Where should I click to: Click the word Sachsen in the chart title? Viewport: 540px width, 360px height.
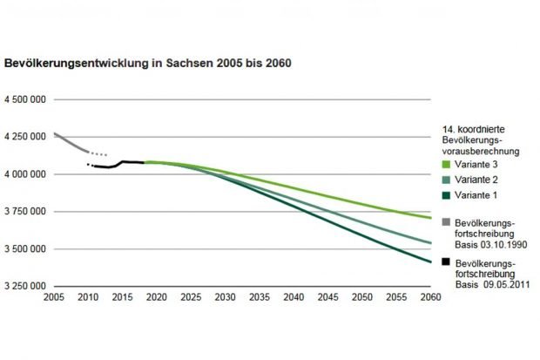click(186, 64)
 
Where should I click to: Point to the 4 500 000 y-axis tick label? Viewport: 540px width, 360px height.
click(26, 100)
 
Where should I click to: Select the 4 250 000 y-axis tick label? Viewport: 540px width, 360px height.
click(26, 137)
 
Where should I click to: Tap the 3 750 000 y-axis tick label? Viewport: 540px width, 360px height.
click(26, 212)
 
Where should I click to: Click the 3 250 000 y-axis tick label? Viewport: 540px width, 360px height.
click(26, 286)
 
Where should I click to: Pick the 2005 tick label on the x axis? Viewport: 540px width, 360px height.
click(54, 298)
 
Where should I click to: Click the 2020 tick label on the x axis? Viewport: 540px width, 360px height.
click(156, 298)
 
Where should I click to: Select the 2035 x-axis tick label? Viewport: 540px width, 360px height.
click(259, 298)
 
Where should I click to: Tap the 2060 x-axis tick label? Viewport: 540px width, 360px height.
click(429, 298)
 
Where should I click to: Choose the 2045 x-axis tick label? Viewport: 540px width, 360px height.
click(327, 298)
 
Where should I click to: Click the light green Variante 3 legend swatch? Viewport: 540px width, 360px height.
click(446, 163)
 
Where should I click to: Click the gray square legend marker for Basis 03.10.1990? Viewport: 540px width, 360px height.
click(446, 222)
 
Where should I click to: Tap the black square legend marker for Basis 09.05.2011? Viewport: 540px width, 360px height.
click(446, 261)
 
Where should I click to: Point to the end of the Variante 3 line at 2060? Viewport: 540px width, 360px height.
click(429, 218)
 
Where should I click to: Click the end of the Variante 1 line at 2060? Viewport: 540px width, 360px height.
click(429, 262)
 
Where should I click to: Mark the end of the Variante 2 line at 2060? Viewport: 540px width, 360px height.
click(429, 243)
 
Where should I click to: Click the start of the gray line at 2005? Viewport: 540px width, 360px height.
click(54, 133)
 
